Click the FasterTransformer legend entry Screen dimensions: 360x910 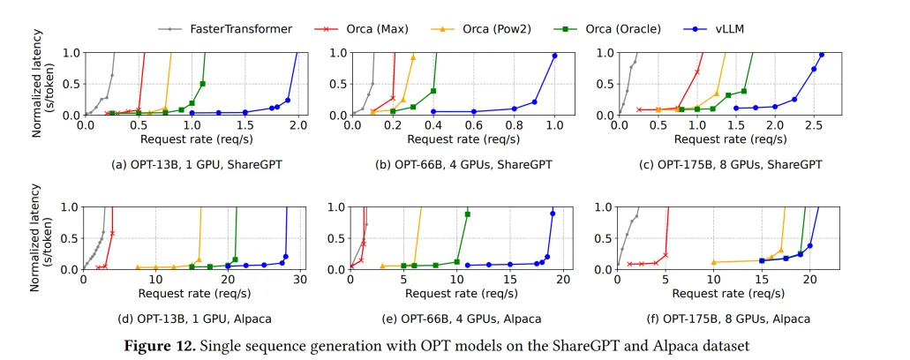tap(240, 29)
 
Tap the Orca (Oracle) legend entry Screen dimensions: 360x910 tap(622, 29)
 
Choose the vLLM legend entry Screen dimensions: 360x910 tap(730, 29)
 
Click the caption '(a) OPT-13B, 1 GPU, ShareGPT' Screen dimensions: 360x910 tap(191, 164)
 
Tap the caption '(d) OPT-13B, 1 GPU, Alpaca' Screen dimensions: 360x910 tap(191, 319)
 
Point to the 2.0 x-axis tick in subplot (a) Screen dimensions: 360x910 tap(298, 126)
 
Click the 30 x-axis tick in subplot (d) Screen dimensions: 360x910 tap(301, 281)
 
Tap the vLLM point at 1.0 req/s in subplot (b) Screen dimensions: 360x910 tap(554, 56)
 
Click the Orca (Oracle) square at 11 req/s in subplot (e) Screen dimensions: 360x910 tap(468, 214)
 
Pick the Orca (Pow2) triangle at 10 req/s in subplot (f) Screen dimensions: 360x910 tap(714, 262)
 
